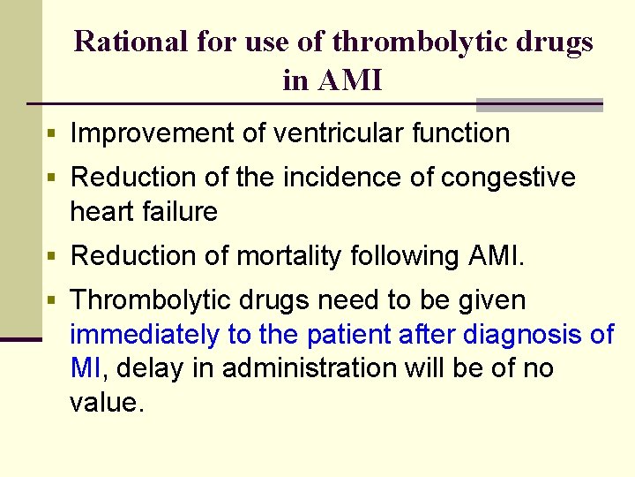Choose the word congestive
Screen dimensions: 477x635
pos(507,178)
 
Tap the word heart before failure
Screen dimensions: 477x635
pos(102,212)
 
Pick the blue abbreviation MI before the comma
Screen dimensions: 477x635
pos(86,367)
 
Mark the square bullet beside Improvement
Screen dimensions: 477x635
pos(52,134)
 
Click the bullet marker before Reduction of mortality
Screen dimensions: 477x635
pos(52,257)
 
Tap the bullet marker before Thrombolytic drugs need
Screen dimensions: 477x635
pos(52,301)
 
